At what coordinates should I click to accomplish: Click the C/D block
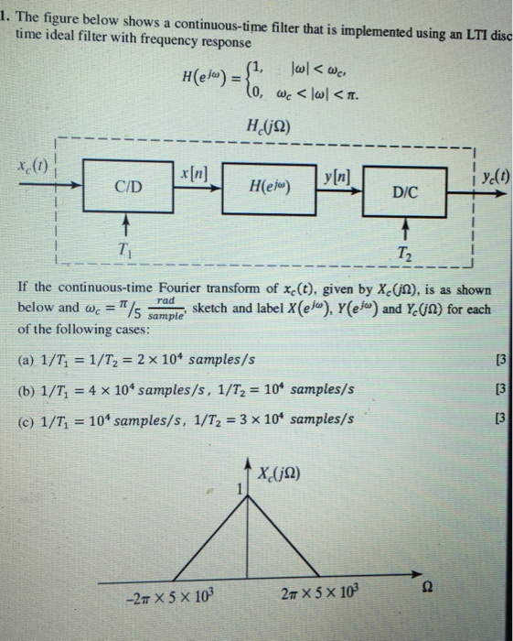tap(128, 186)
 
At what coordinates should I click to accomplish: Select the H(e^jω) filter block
tap(270, 189)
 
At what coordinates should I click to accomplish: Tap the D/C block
tap(404, 191)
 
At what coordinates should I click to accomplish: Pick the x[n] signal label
tap(194, 175)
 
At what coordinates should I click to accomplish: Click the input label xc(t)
tap(33, 166)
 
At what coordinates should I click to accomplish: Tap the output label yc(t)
tap(496, 176)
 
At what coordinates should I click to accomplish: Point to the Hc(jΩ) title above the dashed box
tap(268, 125)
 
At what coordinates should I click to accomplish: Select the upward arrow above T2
tap(405, 228)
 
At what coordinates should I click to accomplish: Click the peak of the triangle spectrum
tap(247, 495)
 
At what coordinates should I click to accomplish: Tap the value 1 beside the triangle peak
tap(240, 488)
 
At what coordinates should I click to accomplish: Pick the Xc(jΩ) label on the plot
tap(279, 473)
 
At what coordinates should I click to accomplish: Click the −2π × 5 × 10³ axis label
tap(170, 597)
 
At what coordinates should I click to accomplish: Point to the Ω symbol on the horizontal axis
tap(426, 588)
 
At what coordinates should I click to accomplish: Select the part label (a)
tap(27, 360)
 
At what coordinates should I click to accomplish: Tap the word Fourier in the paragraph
tap(179, 288)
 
